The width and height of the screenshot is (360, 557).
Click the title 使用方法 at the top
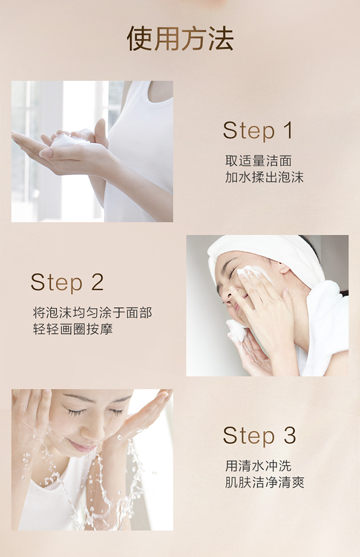click(180, 38)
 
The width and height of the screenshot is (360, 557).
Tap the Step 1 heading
click(258, 131)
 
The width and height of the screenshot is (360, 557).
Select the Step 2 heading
click(67, 283)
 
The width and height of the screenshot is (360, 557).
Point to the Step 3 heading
click(259, 436)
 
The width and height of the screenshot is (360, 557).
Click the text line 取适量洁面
click(258, 161)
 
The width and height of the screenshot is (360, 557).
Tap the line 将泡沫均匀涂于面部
click(93, 313)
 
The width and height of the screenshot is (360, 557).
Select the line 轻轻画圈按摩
click(73, 329)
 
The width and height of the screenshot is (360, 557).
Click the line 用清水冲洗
click(258, 466)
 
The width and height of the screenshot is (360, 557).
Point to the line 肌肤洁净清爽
click(265, 482)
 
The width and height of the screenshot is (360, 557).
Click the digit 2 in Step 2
click(97, 282)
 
